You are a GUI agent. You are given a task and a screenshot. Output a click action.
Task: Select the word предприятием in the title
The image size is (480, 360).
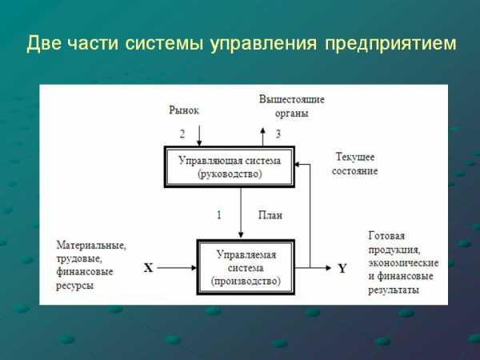pos(390,44)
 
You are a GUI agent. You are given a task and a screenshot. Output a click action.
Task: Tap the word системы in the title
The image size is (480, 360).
pos(164,43)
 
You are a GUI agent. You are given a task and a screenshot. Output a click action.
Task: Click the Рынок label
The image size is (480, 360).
pos(184,110)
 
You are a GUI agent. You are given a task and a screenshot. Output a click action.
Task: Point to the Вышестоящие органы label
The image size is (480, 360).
pos(292,106)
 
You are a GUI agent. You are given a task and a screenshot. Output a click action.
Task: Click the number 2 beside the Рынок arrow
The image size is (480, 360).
pos(182,134)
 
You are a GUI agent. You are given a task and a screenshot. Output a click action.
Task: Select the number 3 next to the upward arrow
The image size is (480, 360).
pos(278,134)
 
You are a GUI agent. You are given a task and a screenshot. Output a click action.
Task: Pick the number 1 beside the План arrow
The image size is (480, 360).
pos(219,215)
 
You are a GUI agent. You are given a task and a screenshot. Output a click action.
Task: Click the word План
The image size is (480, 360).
pos(270,215)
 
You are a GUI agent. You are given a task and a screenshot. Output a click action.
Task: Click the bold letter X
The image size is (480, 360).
pos(149,268)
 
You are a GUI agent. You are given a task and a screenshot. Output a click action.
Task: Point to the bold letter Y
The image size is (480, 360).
pos(342,269)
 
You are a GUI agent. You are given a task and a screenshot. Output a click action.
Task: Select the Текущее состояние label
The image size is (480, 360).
pos(354,164)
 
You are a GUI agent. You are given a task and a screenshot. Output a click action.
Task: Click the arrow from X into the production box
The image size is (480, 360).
pos(177,268)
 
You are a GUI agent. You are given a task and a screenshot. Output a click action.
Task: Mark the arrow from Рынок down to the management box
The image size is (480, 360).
pos(199,136)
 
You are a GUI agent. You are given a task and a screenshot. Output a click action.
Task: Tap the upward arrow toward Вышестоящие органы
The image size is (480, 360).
pos(262,137)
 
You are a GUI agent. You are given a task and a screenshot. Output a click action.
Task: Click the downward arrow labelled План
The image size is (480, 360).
pos(241,213)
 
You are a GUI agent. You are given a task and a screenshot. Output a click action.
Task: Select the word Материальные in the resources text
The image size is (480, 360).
pos(91,246)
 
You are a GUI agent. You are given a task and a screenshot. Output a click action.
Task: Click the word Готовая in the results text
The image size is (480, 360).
pos(386,236)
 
